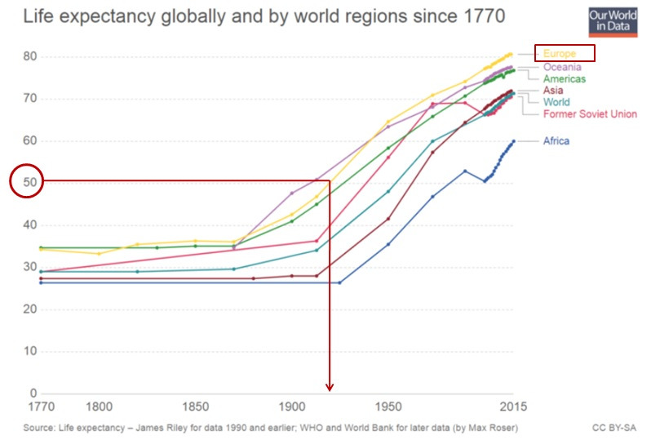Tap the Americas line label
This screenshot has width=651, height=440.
pyautogui.click(x=565, y=78)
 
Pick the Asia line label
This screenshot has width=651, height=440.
pyautogui.click(x=552, y=91)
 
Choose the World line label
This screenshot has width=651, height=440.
pyautogui.click(x=556, y=102)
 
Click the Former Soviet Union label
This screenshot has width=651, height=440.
pyautogui.click(x=590, y=113)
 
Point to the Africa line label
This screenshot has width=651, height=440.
pyautogui.click(x=556, y=141)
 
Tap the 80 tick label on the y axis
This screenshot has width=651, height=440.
pyautogui.click(x=29, y=56)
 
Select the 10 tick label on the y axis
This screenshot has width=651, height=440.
pyautogui.click(x=29, y=352)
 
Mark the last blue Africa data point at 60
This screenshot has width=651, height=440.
pyautogui.click(x=513, y=141)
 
